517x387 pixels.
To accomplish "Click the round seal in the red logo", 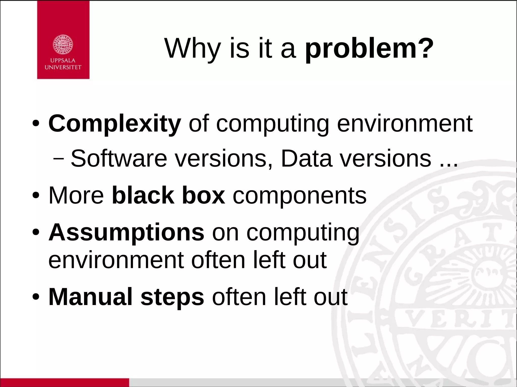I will pyautogui.click(x=63, y=45).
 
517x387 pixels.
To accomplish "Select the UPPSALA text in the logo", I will pyautogui.click(x=63, y=61).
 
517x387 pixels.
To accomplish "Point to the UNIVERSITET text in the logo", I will pyautogui.click(x=63, y=67).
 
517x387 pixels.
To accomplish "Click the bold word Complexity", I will pyautogui.click(x=115, y=124).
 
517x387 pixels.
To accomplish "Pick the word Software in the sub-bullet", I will pyautogui.click(x=119, y=158).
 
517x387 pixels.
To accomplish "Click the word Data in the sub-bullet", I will pyautogui.click(x=306, y=158).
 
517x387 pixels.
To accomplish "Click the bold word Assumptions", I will pyautogui.click(x=126, y=232).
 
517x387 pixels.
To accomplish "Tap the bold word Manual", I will pyautogui.click(x=90, y=297).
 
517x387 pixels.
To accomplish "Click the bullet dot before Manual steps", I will pyautogui.click(x=36, y=297).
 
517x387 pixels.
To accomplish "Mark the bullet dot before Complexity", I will pyautogui.click(x=36, y=124).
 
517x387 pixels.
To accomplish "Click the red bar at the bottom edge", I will pyautogui.click(x=64, y=382).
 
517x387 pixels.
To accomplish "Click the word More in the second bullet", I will pyautogui.click(x=76, y=195).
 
